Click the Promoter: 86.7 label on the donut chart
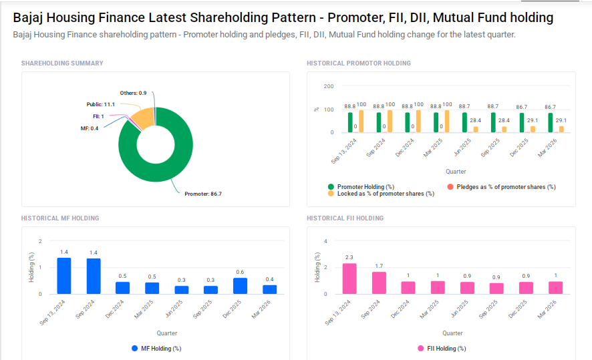[202, 194]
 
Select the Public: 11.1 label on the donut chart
[100, 105]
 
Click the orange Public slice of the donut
[142, 118]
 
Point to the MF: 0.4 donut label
[89, 128]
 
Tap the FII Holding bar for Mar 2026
[556, 287]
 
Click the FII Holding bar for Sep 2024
[379, 283]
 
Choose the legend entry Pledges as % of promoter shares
[501, 187]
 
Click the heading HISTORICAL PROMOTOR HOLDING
[358, 63]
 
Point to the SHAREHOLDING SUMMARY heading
[62, 63]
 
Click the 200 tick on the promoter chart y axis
[328, 86]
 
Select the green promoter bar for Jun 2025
[465, 122]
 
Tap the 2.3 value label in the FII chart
[349, 257]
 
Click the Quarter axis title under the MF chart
[167, 333]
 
